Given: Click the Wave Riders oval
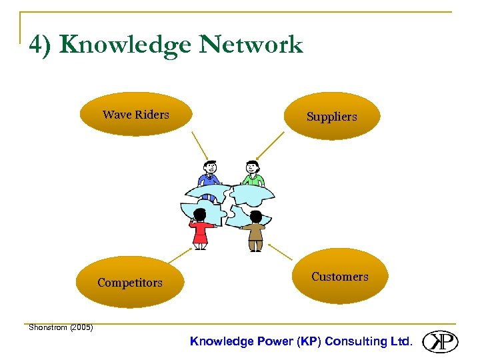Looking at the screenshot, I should [x=135, y=114].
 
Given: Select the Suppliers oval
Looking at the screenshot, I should [x=331, y=116].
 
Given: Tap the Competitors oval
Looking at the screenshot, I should [x=130, y=282].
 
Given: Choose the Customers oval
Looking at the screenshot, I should [x=339, y=276].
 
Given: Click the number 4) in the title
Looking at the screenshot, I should [x=41, y=45].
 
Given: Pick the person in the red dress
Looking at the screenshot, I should [x=200, y=230].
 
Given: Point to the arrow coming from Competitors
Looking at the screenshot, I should [x=179, y=255].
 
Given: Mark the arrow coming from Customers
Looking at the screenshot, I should [x=280, y=251].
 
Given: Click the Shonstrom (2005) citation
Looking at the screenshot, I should [x=61, y=327].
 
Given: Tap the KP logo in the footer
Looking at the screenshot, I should [x=440, y=341].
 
